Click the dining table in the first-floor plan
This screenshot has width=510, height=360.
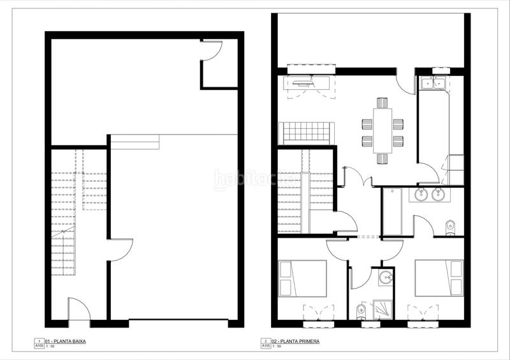point(382,130)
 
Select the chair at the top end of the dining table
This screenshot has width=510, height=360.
point(382,102)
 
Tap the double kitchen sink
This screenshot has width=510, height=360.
point(433,83)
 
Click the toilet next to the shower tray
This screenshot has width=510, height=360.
point(361,310)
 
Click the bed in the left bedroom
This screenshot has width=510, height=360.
point(303,278)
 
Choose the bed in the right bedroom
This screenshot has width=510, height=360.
point(438,278)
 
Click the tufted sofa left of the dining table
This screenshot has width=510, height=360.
point(307,133)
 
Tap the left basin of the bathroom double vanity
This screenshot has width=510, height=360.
point(422,194)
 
